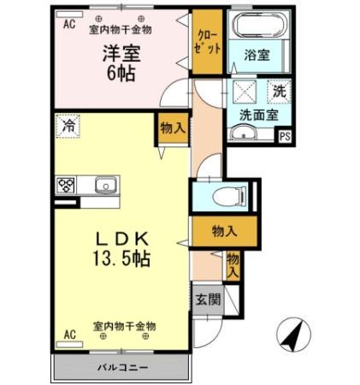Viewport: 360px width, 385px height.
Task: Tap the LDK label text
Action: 121,235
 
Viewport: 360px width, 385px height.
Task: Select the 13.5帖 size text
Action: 121,258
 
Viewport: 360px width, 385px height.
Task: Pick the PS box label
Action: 285,134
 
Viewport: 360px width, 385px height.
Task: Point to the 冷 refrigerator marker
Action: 68,126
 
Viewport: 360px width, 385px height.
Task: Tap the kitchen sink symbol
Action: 107,184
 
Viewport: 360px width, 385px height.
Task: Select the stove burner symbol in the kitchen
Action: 67,184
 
